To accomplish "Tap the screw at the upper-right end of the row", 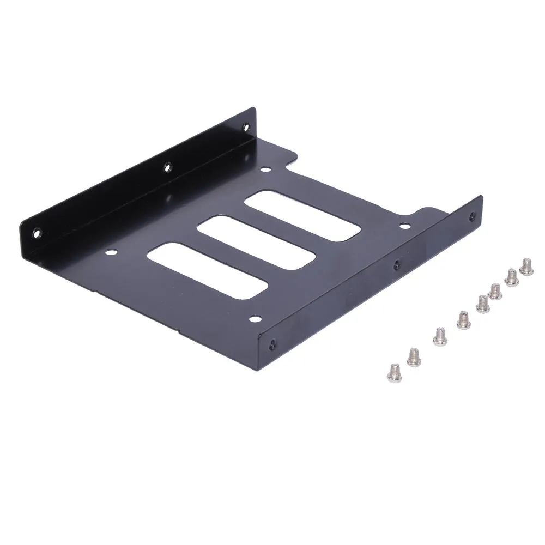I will (x=526, y=266).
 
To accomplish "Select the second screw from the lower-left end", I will (x=414, y=357).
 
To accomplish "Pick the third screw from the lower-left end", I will (x=439, y=336).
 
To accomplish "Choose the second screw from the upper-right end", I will (x=512, y=277).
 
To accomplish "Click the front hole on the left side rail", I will (x=37, y=232).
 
